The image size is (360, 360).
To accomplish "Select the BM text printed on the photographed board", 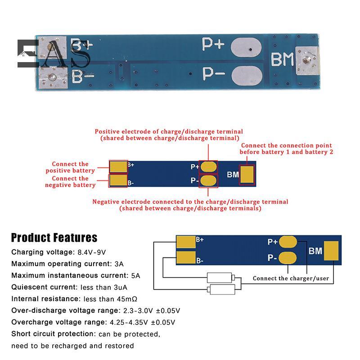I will click(x=282, y=60).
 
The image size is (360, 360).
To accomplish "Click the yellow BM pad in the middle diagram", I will click(x=247, y=175).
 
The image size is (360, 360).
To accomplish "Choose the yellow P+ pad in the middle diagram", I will click(x=209, y=166).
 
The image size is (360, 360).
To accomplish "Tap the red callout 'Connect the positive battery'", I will click(x=70, y=167).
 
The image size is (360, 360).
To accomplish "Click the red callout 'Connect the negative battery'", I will click(x=70, y=182).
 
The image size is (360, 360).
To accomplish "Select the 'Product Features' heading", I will click(x=54, y=238).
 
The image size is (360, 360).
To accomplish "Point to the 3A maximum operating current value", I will click(x=119, y=264).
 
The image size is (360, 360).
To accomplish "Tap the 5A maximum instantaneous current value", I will click(x=135, y=275).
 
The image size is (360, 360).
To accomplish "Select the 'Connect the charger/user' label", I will click(x=291, y=279).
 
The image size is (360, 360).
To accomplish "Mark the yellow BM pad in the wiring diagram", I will click(x=331, y=250).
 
